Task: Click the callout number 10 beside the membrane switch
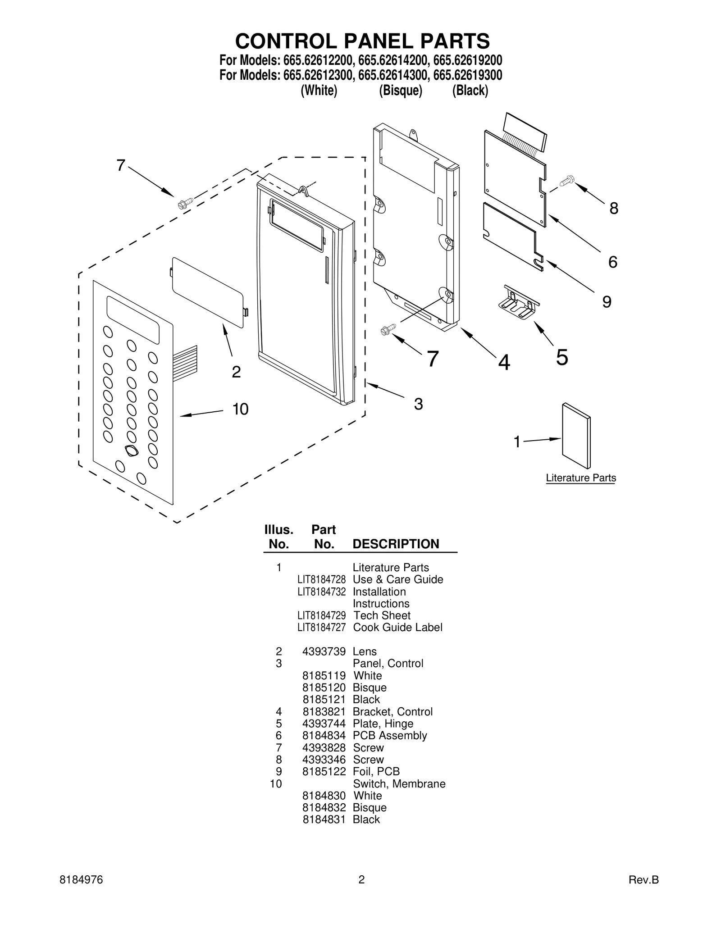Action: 240,409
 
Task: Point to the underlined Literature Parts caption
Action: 580,478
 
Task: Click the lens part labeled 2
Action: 208,292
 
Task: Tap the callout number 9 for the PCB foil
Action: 607,302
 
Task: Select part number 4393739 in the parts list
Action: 324,651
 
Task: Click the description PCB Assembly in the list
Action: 389,735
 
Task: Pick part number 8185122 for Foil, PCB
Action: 324,771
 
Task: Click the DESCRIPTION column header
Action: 396,544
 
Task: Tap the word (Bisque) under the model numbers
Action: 400,91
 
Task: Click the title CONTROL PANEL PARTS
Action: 362,41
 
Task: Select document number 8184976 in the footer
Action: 81,880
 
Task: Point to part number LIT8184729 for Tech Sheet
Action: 321,615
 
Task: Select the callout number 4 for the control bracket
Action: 504,362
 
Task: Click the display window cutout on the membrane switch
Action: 133,320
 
